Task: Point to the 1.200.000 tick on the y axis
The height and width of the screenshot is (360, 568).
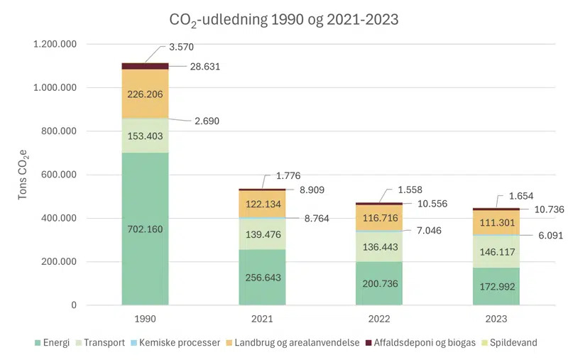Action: (x=65, y=45)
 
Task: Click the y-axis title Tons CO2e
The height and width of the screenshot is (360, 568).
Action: (x=24, y=175)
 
